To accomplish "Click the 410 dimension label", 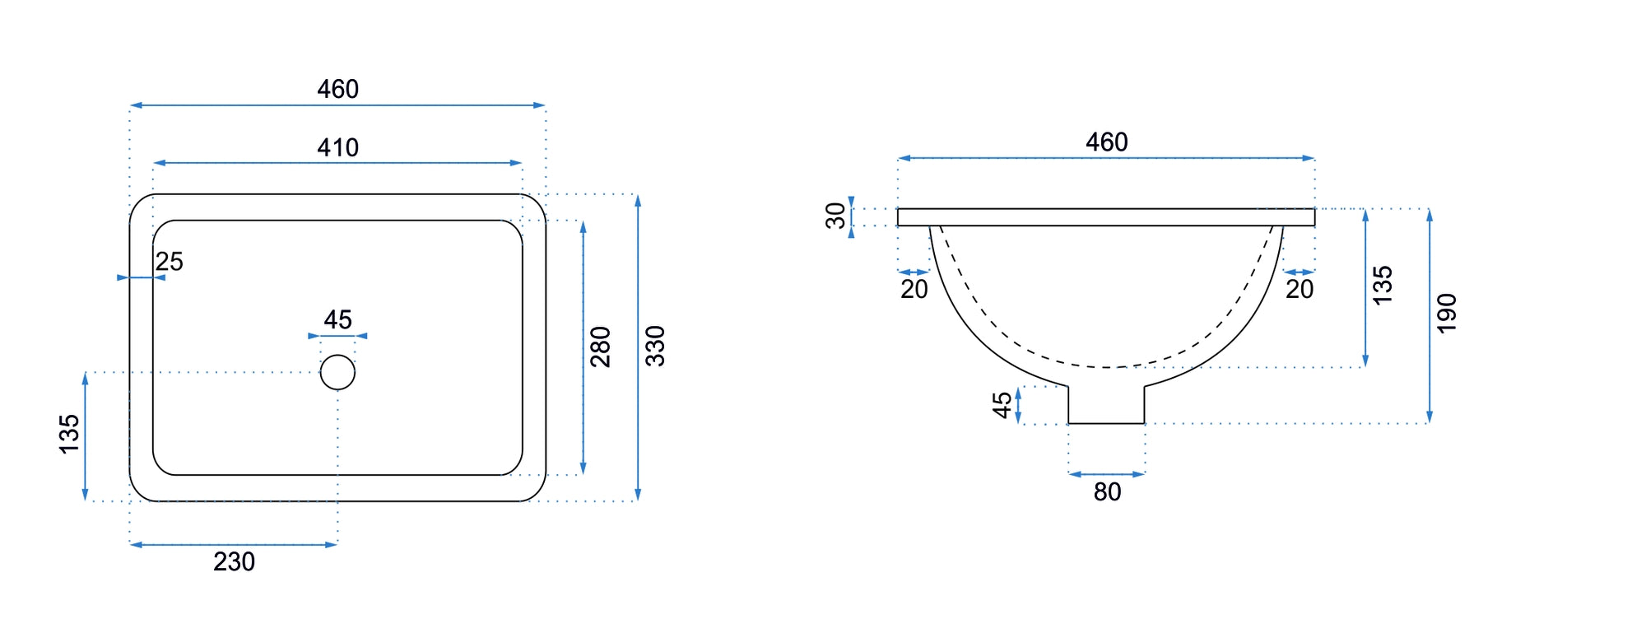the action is (x=337, y=147).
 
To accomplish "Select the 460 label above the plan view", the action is (x=337, y=89).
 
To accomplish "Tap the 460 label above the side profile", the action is (x=1106, y=142).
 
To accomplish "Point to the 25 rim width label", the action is (x=170, y=262).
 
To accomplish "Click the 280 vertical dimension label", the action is (x=602, y=347).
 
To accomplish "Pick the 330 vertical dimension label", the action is (x=655, y=347).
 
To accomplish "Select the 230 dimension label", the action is (x=234, y=561).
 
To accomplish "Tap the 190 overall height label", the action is (x=1447, y=314).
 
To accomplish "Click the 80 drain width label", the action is (x=1107, y=491).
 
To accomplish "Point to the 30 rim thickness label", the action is (x=836, y=216).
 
